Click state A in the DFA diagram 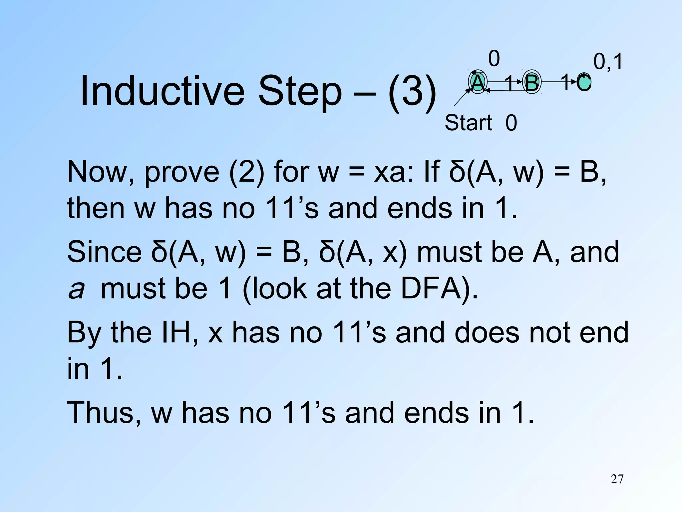point(478,82)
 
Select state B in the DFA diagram point(531,82)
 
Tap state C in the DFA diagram point(584,82)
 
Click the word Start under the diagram point(468,123)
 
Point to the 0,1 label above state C point(608,62)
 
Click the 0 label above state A point(494,59)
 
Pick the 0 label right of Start point(511,123)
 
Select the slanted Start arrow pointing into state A point(462,97)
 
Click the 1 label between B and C point(565,82)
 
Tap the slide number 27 point(617,479)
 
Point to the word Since point(104,252)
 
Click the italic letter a point(76,289)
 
